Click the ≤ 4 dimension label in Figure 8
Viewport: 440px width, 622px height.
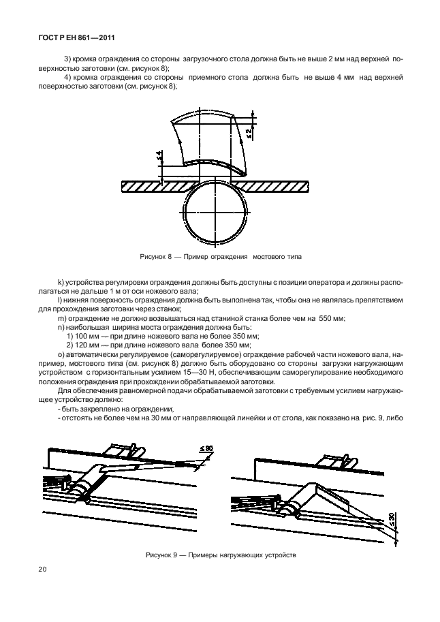pos(159,157)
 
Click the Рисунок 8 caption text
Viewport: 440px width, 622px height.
pos(219,258)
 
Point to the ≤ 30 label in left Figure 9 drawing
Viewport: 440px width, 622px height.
pos(206,448)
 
